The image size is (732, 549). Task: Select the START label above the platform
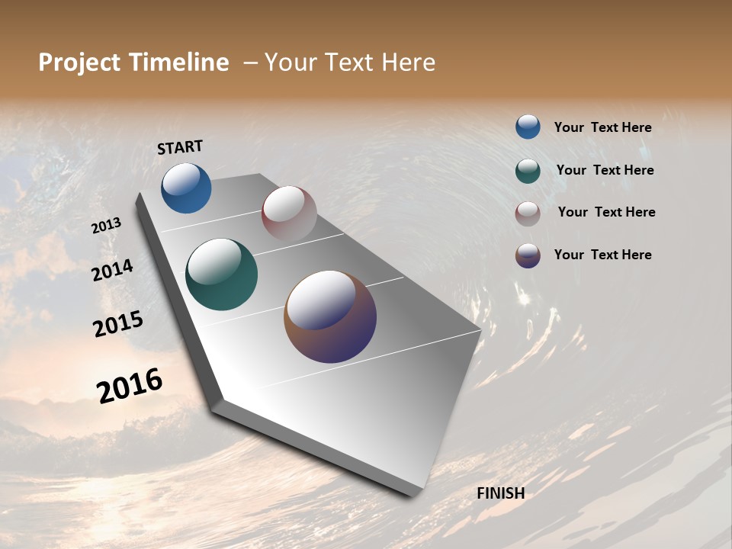tap(180, 147)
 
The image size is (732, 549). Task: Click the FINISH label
tap(500, 493)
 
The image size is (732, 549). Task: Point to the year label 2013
tap(107, 226)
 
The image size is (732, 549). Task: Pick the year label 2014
tap(113, 271)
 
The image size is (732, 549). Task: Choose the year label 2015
tap(118, 324)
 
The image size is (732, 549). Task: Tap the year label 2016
tap(130, 386)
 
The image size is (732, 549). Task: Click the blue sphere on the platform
tap(186, 188)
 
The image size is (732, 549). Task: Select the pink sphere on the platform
tap(289, 213)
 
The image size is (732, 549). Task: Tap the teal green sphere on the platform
tap(221, 274)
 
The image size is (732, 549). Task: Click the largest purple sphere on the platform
tap(330, 316)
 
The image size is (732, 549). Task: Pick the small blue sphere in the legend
tap(528, 127)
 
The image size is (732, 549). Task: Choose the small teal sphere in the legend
tap(528, 171)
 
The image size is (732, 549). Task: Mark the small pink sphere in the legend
tap(528, 213)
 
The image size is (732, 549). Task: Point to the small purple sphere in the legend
tap(528, 255)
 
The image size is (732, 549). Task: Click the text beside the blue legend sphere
tap(602, 128)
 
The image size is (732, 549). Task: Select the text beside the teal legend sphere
tap(605, 170)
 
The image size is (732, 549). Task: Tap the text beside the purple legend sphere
tap(602, 255)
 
